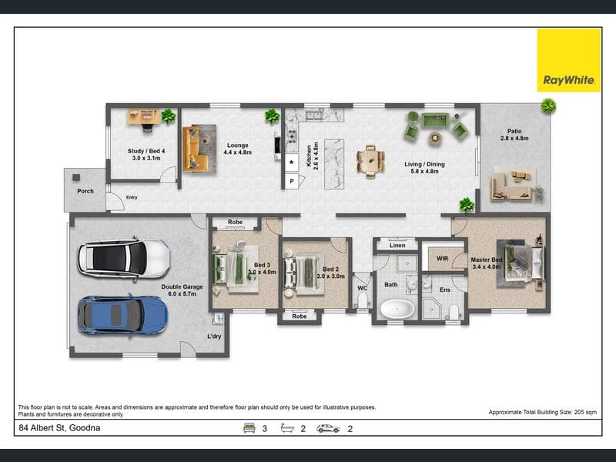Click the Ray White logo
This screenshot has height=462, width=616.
point(569,60)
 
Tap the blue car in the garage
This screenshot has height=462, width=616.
point(123,315)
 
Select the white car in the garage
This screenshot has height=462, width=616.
point(124,259)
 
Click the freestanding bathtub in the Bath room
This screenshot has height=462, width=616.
point(397,309)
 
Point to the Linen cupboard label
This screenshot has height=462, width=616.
point(397,245)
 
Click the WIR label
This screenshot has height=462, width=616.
point(442,259)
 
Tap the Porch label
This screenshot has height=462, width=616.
point(85,191)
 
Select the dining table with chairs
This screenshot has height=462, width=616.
point(370,161)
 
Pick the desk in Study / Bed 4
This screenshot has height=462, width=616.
point(144,117)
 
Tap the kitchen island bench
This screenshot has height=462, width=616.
point(334,164)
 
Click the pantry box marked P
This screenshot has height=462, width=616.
point(292,181)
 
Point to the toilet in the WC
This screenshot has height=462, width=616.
point(362,300)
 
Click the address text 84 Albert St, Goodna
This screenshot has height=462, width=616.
point(59,428)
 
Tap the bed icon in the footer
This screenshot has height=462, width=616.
point(249,428)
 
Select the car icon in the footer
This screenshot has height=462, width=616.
point(328,429)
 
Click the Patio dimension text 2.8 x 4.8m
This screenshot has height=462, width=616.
point(514,139)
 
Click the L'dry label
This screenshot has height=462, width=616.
point(214,336)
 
